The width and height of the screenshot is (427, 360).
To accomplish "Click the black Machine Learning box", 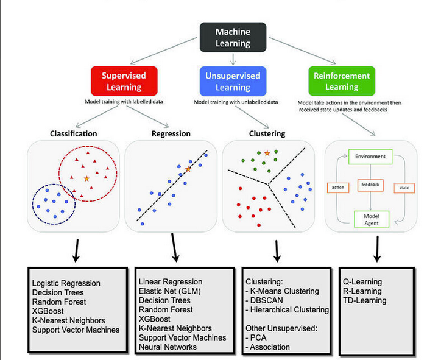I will click(x=233, y=37).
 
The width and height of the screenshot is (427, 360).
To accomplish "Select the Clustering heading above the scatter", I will click(x=268, y=133).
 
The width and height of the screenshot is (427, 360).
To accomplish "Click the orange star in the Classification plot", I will click(x=86, y=178).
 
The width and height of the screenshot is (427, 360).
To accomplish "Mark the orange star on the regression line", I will click(x=188, y=169).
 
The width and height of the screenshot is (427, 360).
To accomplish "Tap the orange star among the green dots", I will click(x=267, y=152).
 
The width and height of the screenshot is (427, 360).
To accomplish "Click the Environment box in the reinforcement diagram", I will click(x=370, y=157).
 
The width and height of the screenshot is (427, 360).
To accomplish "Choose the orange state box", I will click(x=404, y=188).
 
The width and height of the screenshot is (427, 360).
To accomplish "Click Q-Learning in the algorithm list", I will click(x=362, y=282).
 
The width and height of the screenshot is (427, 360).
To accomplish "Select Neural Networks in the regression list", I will click(x=168, y=347).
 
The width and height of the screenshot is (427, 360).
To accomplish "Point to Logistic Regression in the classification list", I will click(x=66, y=283).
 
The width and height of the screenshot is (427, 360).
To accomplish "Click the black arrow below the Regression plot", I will click(x=175, y=250).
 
